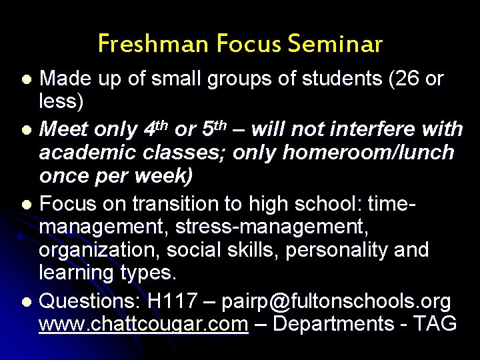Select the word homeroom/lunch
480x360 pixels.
tap(369, 153)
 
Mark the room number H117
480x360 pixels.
tap(172, 301)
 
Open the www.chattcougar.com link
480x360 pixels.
tap(144, 324)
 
